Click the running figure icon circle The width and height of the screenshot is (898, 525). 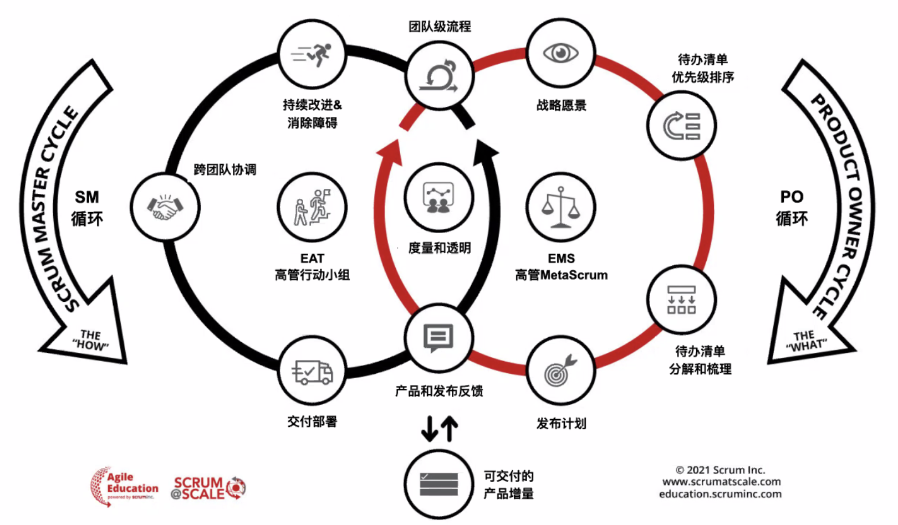pos(312,54)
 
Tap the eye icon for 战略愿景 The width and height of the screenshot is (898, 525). pos(560,54)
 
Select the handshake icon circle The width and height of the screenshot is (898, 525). pos(165,207)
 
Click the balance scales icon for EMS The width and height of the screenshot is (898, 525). pos(560,208)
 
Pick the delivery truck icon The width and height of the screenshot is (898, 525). pos(312,372)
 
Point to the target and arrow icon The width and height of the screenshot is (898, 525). pos(560,372)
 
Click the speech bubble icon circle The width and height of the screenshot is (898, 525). pos(438,337)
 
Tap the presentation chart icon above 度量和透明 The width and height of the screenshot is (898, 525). pos(438,198)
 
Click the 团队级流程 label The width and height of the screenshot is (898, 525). pos(440,26)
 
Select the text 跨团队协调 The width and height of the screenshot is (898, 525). pos(225,169)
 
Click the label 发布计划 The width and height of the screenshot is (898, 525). pos(561,424)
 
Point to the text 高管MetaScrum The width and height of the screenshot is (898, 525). pos(561,275)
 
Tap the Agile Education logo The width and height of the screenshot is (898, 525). pos(124,486)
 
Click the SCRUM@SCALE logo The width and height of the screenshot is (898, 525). pos(208,488)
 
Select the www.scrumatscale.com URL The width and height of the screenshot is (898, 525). pos(721,482)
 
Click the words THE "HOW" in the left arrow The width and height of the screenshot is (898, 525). pos(90,340)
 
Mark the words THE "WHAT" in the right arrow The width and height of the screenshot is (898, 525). pos(805,341)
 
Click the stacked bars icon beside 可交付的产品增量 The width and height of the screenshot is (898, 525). pos(438,484)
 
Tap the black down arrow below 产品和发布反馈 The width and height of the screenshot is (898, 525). pos(429,429)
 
